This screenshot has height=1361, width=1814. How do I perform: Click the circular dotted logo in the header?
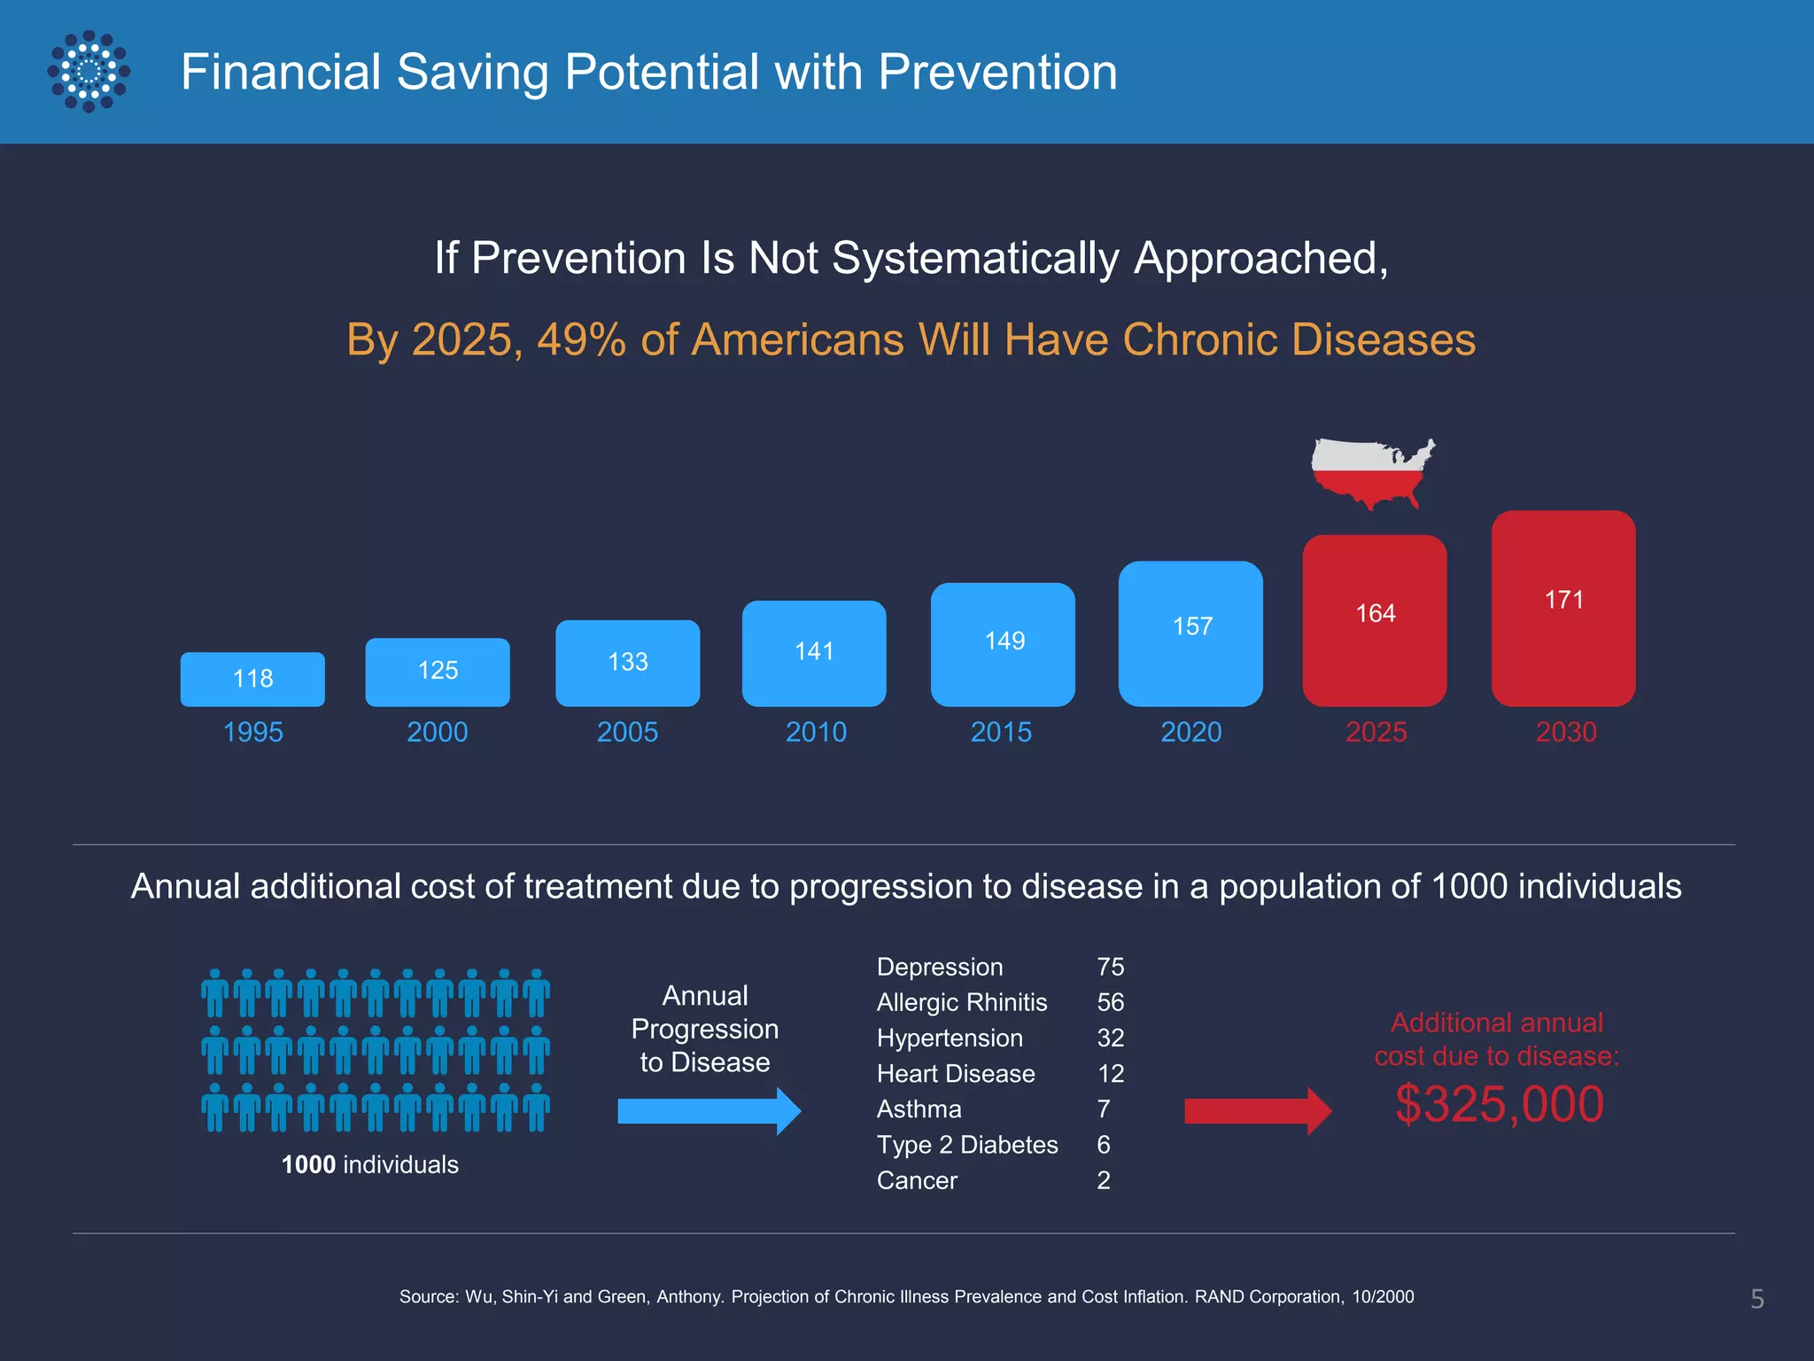coord(89,72)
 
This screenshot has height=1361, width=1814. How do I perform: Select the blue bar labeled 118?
coord(252,679)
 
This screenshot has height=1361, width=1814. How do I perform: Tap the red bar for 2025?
coord(1375,620)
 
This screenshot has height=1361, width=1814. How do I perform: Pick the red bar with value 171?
coord(1563,608)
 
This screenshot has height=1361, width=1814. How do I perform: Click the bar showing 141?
coord(814,653)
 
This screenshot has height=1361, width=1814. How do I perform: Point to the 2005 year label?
coord(627,732)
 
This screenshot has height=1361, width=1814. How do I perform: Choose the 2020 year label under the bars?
coord(1191,732)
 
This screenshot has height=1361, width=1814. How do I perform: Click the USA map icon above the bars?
coord(1371,472)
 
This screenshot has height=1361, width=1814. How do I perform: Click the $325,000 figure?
coord(1499,1104)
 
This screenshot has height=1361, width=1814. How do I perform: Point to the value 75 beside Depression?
coord(1110,967)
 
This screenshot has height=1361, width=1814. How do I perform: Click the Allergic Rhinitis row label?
coord(962,1002)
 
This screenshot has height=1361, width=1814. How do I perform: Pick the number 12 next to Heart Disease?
coord(1110,1074)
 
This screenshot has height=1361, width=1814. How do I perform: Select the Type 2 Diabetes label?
coord(967,1145)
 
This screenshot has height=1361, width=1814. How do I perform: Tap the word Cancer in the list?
coord(917,1180)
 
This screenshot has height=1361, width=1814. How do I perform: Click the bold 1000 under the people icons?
coord(308,1164)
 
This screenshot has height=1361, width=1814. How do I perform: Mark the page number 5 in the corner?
coord(1757,1299)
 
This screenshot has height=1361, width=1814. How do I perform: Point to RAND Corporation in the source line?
coord(1267,1296)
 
